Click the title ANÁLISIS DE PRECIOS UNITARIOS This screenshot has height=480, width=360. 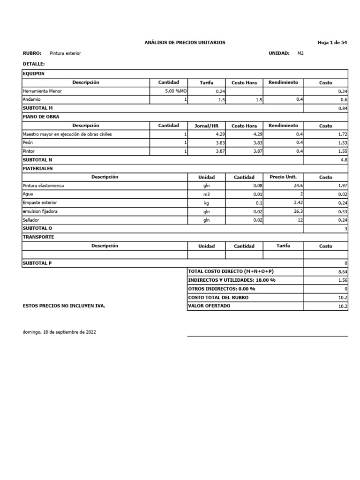(185, 43)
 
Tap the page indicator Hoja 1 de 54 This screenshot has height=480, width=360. (332, 43)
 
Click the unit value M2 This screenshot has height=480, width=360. (300, 53)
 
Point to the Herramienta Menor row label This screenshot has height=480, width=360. (42, 91)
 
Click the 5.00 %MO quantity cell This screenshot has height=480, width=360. (176, 91)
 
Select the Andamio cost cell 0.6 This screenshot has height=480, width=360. (344, 100)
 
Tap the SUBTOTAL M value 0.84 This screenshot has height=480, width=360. (343, 108)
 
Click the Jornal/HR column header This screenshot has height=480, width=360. (206, 126)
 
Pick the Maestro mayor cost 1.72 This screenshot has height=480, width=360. (343, 135)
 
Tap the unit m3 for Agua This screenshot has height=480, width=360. (206, 195)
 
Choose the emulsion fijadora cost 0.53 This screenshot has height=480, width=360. (343, 212)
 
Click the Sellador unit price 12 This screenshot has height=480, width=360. (300, 220)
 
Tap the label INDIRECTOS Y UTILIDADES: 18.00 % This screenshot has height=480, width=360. (232, 280)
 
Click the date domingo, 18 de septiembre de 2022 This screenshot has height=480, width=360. (60, 332)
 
